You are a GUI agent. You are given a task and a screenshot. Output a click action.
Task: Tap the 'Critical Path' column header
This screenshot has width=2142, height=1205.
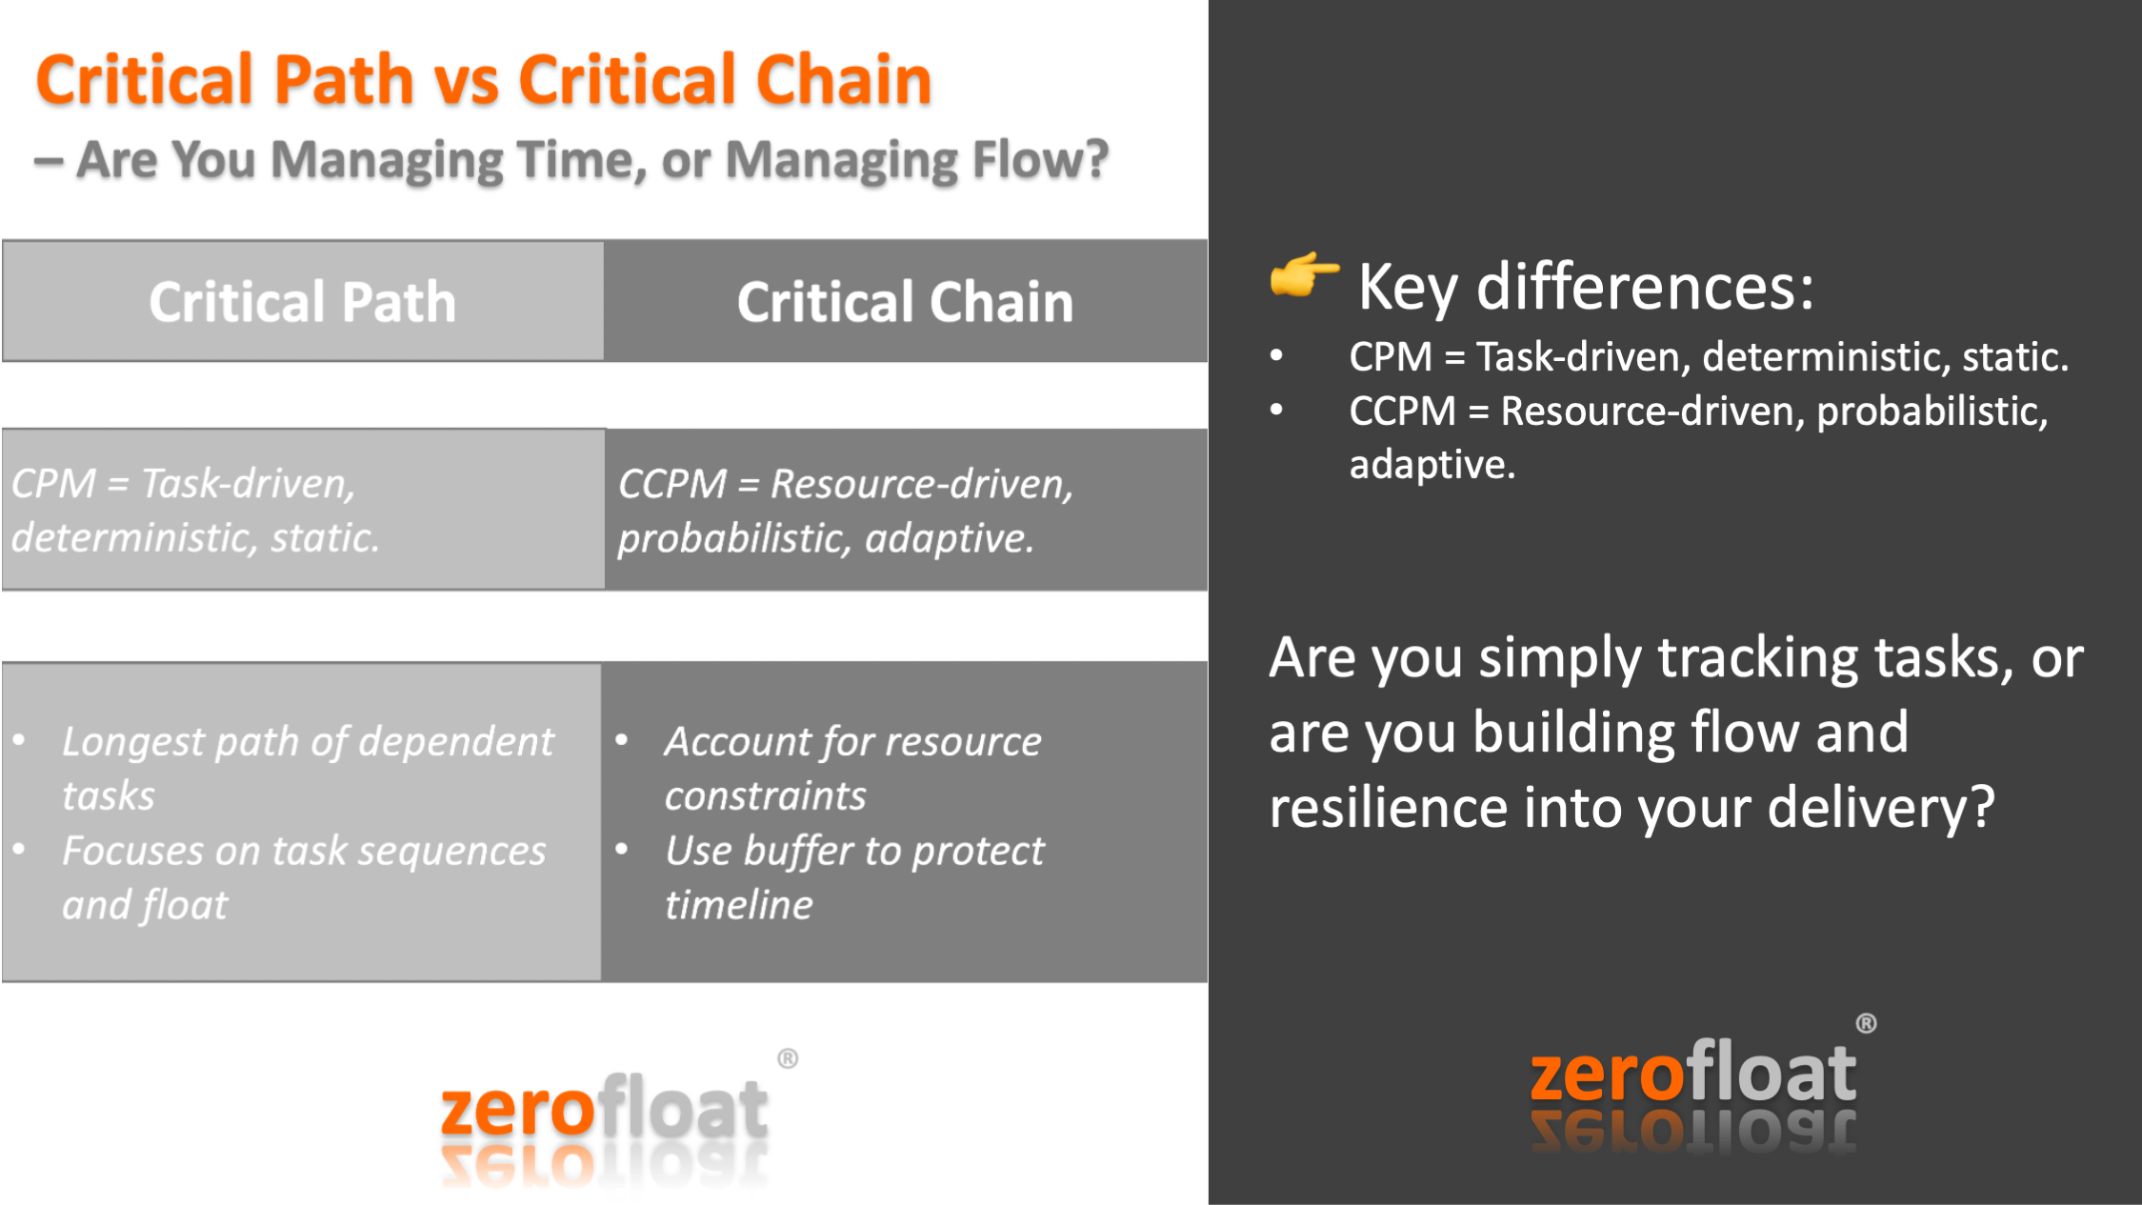click(x=303, y=301)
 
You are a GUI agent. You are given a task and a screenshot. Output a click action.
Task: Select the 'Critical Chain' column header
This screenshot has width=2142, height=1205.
click(x=906, y=301)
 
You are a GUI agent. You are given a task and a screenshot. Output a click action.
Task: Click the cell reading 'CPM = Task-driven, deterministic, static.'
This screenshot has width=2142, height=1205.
click(x=303, y=510)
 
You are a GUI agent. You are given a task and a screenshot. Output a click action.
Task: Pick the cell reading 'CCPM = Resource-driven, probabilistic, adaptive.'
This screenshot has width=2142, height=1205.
click(x=906, y=510)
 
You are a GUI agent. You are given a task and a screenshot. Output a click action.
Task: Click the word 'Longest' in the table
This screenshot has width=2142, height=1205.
click(x=133, y=742)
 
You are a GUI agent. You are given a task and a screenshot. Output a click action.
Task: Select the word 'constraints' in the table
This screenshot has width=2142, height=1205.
click(x=766, y=796)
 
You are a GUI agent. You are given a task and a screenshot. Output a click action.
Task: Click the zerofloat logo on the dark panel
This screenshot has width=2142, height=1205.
click(x=1693, y=1086)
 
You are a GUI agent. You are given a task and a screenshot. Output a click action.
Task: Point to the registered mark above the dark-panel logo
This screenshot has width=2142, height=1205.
click(x=1866, y=1024)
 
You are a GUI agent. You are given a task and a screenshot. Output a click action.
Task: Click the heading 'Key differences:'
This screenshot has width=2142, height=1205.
click(x=1586, y=286)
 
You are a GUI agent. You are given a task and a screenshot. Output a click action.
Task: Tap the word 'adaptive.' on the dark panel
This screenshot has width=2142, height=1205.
click(x=1431, y=465)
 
